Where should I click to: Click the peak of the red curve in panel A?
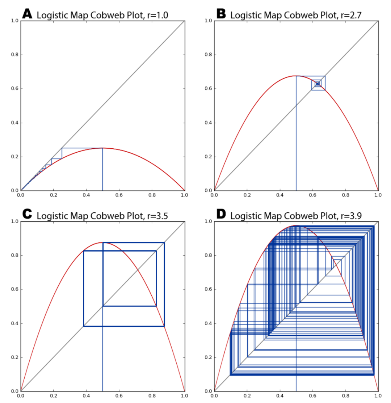pyautogui.click(x=102, y=148)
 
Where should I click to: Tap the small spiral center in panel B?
pyautogui.click(x=318, y=84)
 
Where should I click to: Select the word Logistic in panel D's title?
pyautogui.click(x=245, y=216)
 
